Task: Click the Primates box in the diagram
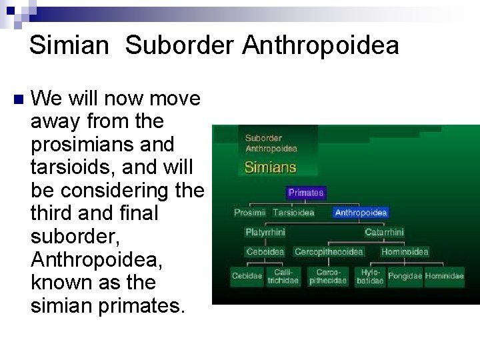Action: pos(306,193)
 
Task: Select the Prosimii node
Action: pos(249,213)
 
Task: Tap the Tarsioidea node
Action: pos(293,213)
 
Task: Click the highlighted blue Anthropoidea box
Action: pos(360,213)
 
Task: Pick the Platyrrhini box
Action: pos(265,232)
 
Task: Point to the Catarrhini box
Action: pos(384,232)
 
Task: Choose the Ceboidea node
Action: pos(265,252)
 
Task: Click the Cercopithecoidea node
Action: pos(329,252)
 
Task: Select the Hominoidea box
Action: pos(405,252)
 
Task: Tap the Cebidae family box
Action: pos(247,277)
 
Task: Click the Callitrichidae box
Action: pos(283,277)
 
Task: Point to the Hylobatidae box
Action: pos(370,277)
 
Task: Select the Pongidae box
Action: pos(405,276)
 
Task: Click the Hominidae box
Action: pos(445,276)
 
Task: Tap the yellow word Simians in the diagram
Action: pos(270,167)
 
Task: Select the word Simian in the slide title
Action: pos(69,45)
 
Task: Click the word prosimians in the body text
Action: pos(102,144)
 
